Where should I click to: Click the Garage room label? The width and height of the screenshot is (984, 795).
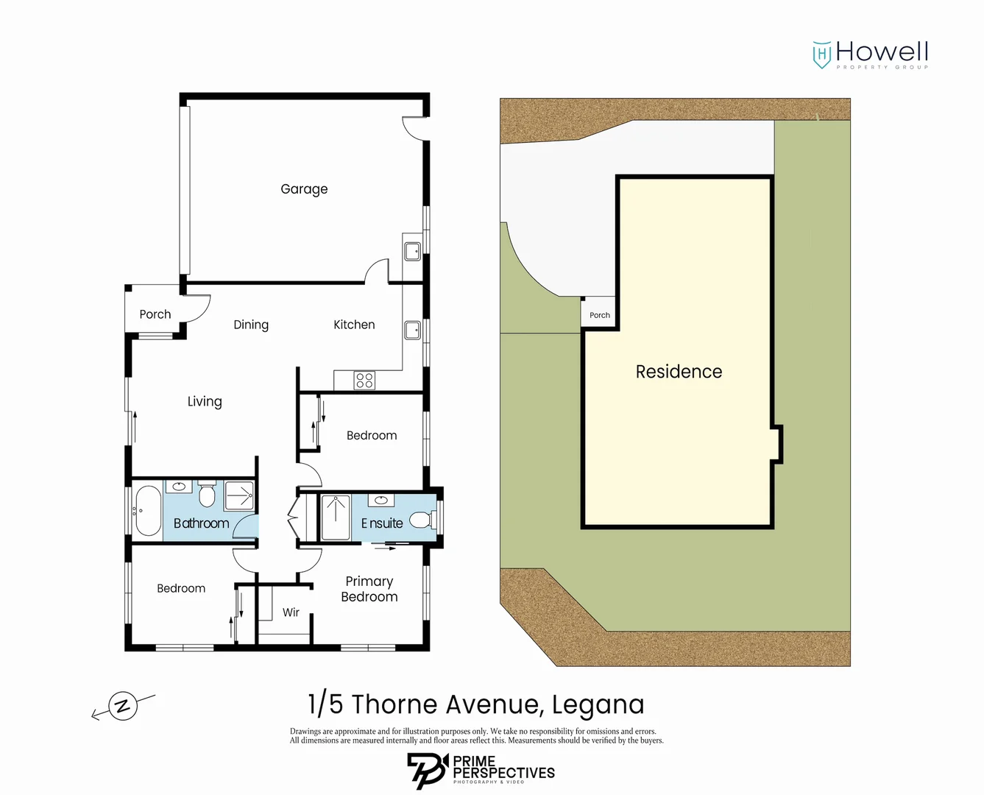(304, 189)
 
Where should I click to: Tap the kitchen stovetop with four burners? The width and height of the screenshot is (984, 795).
(364, 381)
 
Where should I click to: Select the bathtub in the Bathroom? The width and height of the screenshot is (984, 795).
(148, 510)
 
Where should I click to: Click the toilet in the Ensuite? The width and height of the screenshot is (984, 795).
(422, 519)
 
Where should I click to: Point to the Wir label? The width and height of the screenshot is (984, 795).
(291, 612)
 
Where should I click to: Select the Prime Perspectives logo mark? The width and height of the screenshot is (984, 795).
(428, 771)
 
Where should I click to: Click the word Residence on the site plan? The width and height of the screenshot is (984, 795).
(679, 372)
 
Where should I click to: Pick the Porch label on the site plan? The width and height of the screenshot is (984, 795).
(600, 315)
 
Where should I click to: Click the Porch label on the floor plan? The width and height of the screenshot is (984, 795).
(155, 314)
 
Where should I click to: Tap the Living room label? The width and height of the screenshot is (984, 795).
(205, 401)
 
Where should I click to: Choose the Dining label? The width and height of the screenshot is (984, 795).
(251, 325)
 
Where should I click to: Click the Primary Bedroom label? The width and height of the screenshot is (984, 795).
(369, 588)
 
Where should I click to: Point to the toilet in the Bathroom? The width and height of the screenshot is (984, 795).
(207, 494)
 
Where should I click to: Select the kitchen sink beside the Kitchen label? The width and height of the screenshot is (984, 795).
(413, 331)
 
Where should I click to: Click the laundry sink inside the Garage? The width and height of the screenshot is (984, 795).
(413, 252)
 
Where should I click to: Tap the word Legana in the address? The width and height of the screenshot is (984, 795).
(598, 705)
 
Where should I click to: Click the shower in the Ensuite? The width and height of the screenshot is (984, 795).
(336, 517)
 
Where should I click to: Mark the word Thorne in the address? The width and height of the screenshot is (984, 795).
(394, 704)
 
